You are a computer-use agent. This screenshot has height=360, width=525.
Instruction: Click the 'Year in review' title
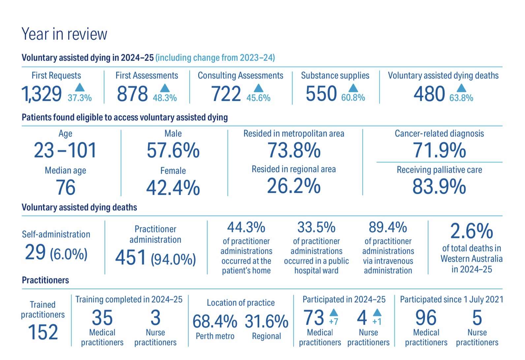tap(64, 34)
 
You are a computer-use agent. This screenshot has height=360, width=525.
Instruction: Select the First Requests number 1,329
tap(42, 94)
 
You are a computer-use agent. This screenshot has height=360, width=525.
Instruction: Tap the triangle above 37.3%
tap(79, 87)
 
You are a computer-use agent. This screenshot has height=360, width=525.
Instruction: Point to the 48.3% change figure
tap(165, 98)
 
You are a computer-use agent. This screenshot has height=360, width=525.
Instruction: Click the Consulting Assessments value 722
tap(226, 94)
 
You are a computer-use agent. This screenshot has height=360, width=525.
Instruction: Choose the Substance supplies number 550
tap(321, 94)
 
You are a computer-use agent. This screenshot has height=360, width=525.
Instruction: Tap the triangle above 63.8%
tap(461, 88)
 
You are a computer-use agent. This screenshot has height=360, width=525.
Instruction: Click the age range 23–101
tap(65, 151)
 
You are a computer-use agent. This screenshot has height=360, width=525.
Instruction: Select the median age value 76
tap(66, 188)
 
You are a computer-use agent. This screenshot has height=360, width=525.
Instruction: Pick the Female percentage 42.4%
tap(173, 188)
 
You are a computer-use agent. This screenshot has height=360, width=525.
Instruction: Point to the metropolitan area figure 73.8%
tap(294, 151)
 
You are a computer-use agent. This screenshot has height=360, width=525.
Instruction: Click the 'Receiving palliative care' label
tap(439, 170)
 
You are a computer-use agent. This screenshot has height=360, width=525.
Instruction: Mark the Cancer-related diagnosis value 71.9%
tap(439, 151)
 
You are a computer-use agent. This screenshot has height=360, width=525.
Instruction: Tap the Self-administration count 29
tap(35, 253)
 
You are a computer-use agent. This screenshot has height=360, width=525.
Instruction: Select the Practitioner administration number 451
tap(131, 258)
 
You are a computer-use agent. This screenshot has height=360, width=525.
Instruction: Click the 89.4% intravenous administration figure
tap(388, 227)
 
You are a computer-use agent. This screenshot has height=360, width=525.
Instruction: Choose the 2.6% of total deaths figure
tap(472, 231)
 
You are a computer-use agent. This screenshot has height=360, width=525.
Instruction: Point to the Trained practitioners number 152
tap(43, 332)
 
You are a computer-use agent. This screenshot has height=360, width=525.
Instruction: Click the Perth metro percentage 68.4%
tap(215, 321)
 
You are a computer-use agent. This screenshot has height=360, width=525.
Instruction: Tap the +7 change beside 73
tap(333, 321)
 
